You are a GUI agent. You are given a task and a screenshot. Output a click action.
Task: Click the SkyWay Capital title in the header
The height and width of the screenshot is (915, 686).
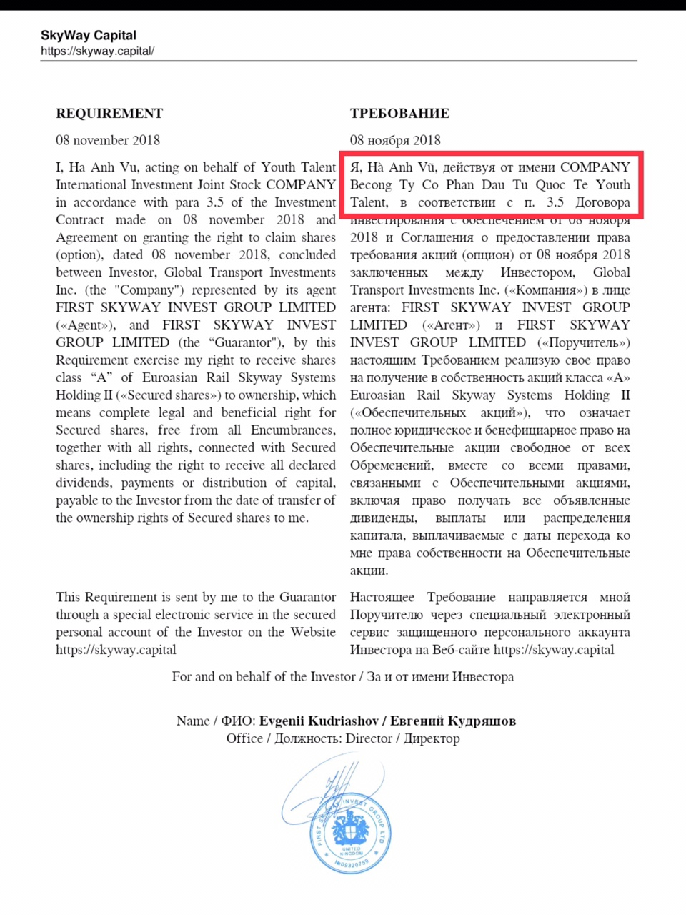[x=88, y=35]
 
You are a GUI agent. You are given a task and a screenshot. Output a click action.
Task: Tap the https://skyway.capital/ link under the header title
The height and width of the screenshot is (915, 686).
[x=97, y=51]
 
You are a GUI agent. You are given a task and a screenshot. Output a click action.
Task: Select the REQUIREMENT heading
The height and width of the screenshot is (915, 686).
[x=109, y=113]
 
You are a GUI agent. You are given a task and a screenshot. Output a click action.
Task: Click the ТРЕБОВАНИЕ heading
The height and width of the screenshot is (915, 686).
[x=399, y=113]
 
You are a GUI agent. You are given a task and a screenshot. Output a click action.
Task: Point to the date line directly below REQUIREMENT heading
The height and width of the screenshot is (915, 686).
[x=108, y=140]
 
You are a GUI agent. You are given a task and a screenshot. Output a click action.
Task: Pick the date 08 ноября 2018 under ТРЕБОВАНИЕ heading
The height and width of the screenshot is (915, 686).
[x=395, y=140]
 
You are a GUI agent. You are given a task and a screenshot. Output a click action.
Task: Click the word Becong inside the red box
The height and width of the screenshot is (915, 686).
[x=371, y=184]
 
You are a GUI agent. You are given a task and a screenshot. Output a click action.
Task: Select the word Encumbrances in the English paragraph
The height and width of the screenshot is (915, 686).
[x=292, y=430]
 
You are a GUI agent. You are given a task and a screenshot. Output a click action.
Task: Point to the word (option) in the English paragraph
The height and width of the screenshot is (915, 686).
[x=79, y=255]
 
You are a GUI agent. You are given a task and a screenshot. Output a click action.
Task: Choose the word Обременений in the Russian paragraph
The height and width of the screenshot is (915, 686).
[x=392, y=465]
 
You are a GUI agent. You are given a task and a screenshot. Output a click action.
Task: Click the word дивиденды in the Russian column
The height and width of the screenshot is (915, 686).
[x=383, y=518]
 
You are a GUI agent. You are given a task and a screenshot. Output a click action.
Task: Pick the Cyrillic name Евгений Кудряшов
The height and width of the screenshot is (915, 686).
[x=453, y=721]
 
